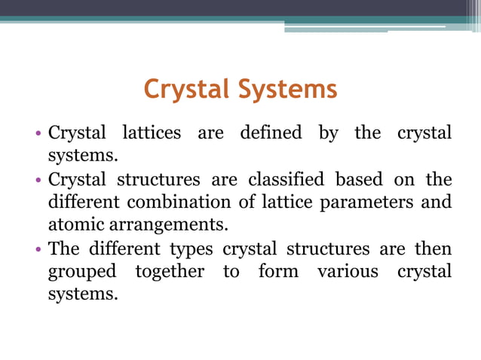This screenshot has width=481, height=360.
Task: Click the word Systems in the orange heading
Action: click(287, 90)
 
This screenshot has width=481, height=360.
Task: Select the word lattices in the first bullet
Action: click(152, 134)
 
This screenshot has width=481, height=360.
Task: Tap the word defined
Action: click(270, 134)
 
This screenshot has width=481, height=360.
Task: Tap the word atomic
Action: click(72, 225)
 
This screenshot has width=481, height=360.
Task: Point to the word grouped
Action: click(82, 271)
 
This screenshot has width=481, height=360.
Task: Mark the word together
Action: click(170, 271)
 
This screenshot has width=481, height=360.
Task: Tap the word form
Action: click(277, 271)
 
